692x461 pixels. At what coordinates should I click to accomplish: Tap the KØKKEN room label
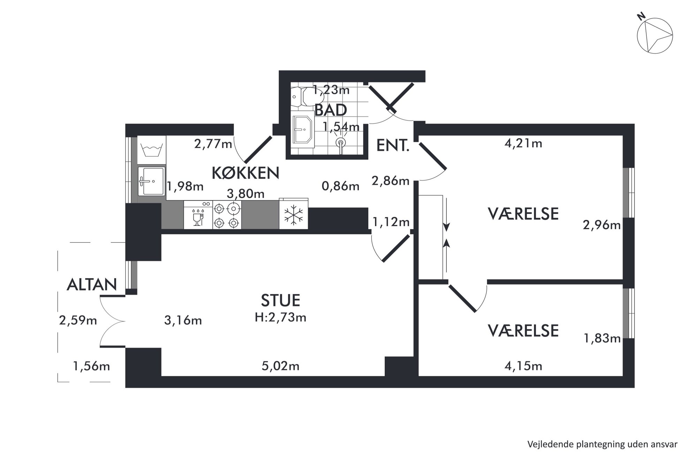pos(246,173)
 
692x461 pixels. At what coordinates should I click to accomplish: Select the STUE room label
pos(280,300)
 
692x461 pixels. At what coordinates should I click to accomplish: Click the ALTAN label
pos(92,285)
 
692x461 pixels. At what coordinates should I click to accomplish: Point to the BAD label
pos(331,110)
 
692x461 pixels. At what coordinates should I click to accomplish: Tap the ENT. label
pos(393,145)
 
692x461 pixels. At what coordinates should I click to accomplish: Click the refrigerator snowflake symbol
pos(294,215)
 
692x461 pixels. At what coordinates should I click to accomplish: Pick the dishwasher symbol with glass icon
pos(198,215)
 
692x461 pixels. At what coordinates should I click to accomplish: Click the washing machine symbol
pos(152,150)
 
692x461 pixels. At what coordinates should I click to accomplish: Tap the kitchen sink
pos(151,181)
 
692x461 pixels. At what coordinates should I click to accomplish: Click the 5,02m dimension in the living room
pos(280,366)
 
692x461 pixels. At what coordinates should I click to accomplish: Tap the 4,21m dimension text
pos(523,143)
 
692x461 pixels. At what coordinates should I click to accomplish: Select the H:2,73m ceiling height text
pos(280,317)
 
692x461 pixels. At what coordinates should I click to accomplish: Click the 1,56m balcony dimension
pos(91,366)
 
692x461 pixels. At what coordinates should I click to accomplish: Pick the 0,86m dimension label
pos(340,186)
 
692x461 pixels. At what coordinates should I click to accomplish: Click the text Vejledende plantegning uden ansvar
pos(602,444)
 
